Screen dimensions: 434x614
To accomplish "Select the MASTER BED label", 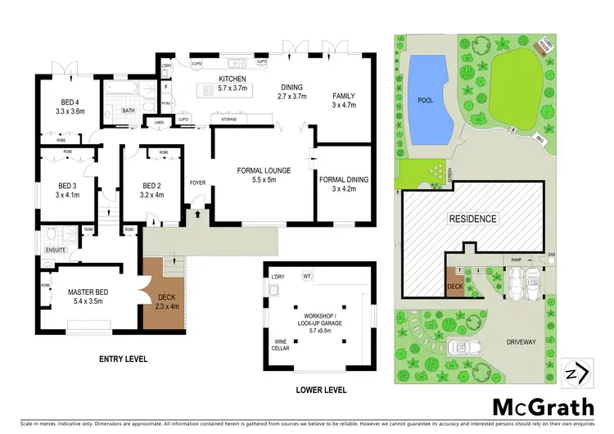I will pyautogui.click(x=89, y=291).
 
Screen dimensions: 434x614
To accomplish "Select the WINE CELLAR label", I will pyautogui.click(x=282, y=346).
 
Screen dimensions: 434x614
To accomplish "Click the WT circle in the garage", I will pyautogui.click(x=308, y=275).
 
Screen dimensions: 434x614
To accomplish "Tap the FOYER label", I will pyautogui.click(x=197, y=182).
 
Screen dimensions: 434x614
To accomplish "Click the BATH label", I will pyautogui.click(x=129, y=111).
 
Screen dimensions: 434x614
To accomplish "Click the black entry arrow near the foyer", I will pyautogui.click(x=197, y=215).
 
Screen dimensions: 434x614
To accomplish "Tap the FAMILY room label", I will pyautogui.click(x=344, y=96).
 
